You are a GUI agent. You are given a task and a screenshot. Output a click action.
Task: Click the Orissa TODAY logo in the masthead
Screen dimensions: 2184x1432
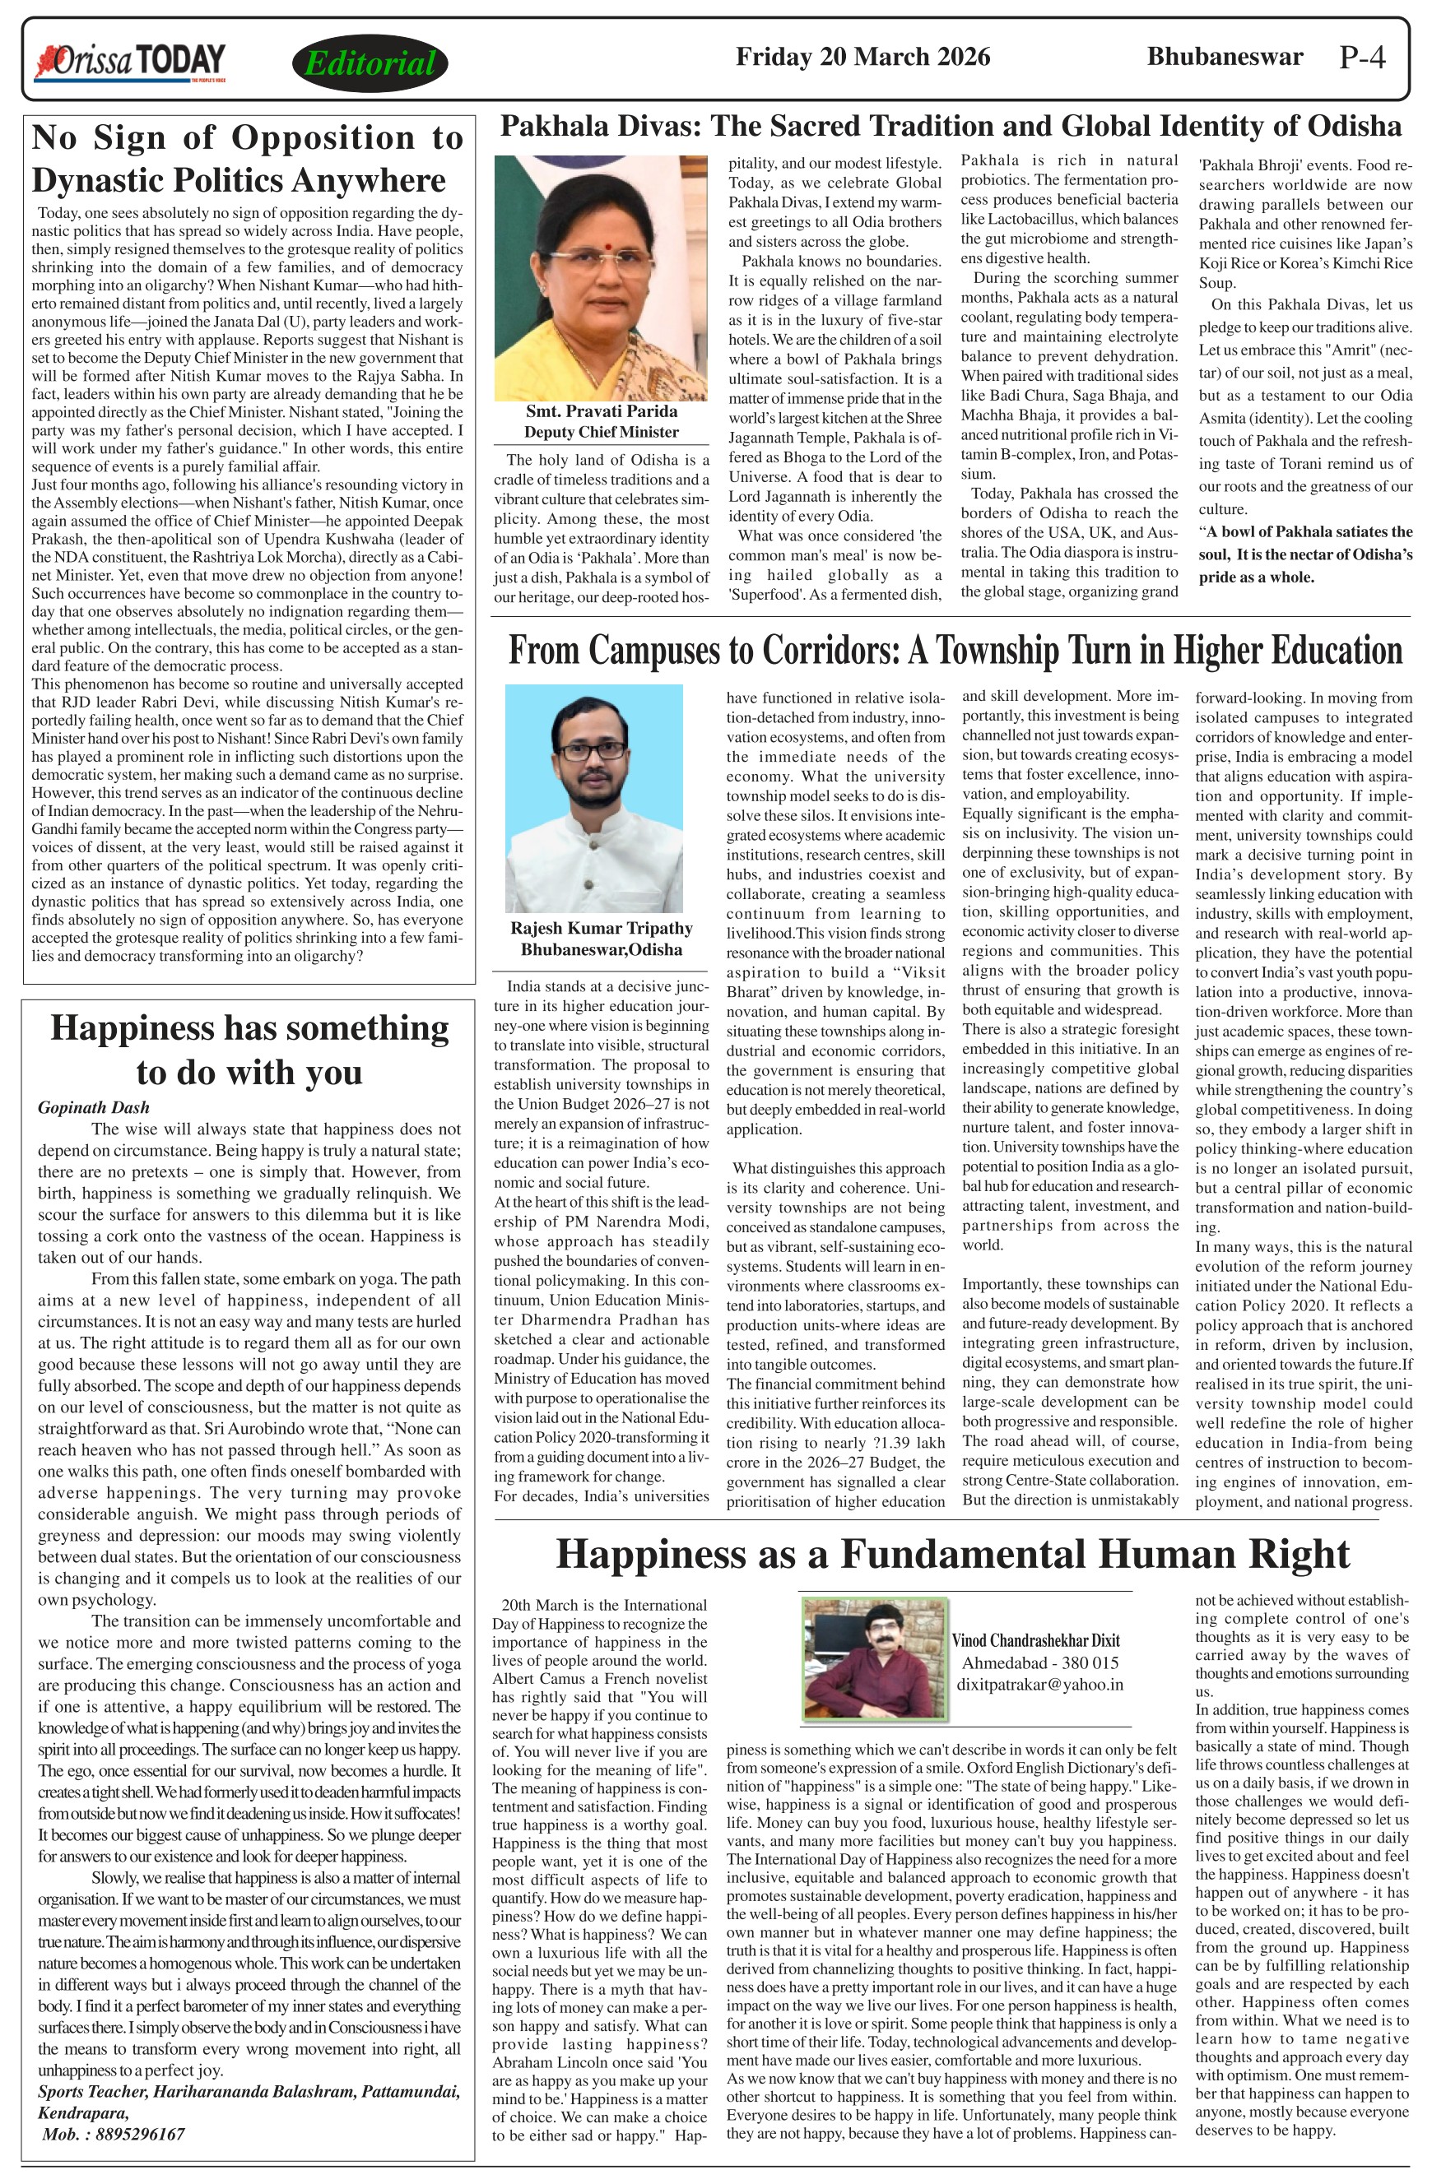129,63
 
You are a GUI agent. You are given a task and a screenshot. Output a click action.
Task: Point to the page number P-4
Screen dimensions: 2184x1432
1361,58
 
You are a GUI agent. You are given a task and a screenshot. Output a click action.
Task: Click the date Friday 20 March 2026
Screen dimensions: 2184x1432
862,57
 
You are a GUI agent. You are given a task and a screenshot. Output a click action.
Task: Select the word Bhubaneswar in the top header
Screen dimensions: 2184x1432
1225,57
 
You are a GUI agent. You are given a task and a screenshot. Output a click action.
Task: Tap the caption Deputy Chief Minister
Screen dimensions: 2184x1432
602,432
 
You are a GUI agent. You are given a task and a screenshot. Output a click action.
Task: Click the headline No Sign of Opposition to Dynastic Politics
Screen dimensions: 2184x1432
247,159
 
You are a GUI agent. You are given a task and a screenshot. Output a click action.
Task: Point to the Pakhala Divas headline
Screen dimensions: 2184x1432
950,126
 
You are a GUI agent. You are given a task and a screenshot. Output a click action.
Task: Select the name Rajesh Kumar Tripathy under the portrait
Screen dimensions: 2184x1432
602,928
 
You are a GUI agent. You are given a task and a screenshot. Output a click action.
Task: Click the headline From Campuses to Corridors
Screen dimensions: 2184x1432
955,650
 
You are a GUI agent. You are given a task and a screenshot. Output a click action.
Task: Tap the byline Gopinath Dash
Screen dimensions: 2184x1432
94,1106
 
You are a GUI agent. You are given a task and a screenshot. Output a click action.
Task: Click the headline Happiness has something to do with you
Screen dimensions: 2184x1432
249,1049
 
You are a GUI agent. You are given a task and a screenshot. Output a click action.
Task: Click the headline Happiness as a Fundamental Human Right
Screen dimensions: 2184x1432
952,1554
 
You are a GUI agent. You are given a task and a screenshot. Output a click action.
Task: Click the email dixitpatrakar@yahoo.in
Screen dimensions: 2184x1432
1039,1684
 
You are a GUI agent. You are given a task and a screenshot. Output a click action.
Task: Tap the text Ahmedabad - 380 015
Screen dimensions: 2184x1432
1039,1662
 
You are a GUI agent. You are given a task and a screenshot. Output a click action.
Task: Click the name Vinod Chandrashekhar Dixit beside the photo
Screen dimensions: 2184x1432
1035,1639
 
